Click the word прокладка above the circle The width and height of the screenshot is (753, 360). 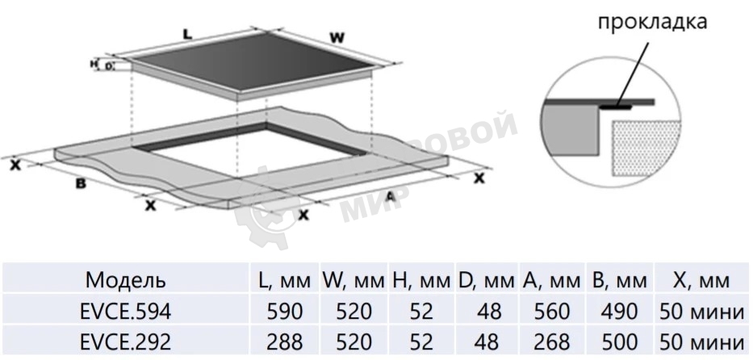coord(652,21)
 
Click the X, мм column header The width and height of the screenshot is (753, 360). coord(701,280)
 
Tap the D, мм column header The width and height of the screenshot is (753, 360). coord(485,280)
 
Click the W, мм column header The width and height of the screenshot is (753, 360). coord(352,280)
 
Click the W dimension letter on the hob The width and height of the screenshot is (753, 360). coord(339,37)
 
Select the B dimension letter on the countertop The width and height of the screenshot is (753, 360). coord(80,184)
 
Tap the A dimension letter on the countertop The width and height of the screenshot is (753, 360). coord(389,197)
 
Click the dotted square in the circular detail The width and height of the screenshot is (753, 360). coord(648,149)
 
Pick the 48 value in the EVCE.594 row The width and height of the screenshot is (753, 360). coord(485,311)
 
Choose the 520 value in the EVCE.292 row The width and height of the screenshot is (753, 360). coord(352,340)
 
